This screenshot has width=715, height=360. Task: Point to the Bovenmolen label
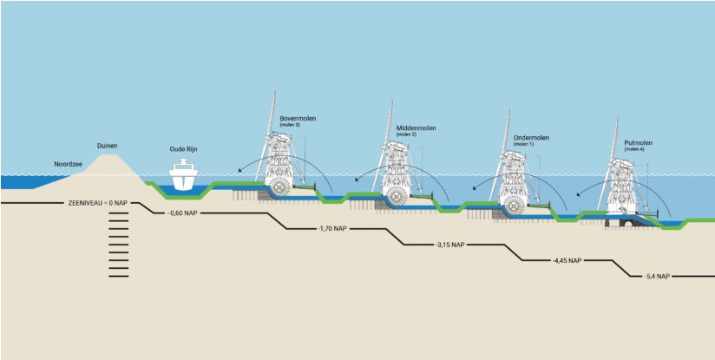pyautogui.click(x=295, y=118)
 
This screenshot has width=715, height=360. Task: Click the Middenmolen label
pyautogui.click(x=415, y=128)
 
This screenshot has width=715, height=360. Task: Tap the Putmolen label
pyautogui.click(x=638, y=143)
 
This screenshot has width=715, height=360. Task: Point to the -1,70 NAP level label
pyautogui.click(x=330, y=229)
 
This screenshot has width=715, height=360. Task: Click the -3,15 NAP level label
pyautogui.click(x=453, y=245)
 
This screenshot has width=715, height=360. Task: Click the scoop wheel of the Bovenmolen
pyautogui.click(x=281, y=186)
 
